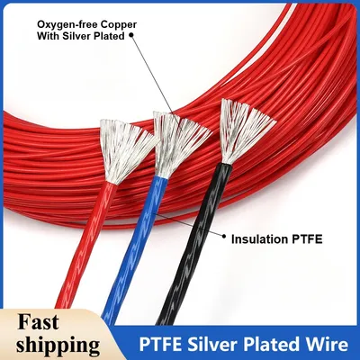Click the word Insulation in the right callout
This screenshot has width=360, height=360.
[x=260, y=239]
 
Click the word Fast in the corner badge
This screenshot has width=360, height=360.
[x=38, y=322]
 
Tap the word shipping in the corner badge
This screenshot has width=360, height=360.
[x=58, y=345]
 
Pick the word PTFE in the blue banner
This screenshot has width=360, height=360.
[x=159, y=345]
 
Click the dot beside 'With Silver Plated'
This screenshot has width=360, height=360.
[x=130, y=36]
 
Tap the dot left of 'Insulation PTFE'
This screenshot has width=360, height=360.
[x=223, y=237]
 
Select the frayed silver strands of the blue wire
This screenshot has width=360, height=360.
[x=178, y=142]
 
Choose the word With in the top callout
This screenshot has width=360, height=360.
[x=48, y=36]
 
